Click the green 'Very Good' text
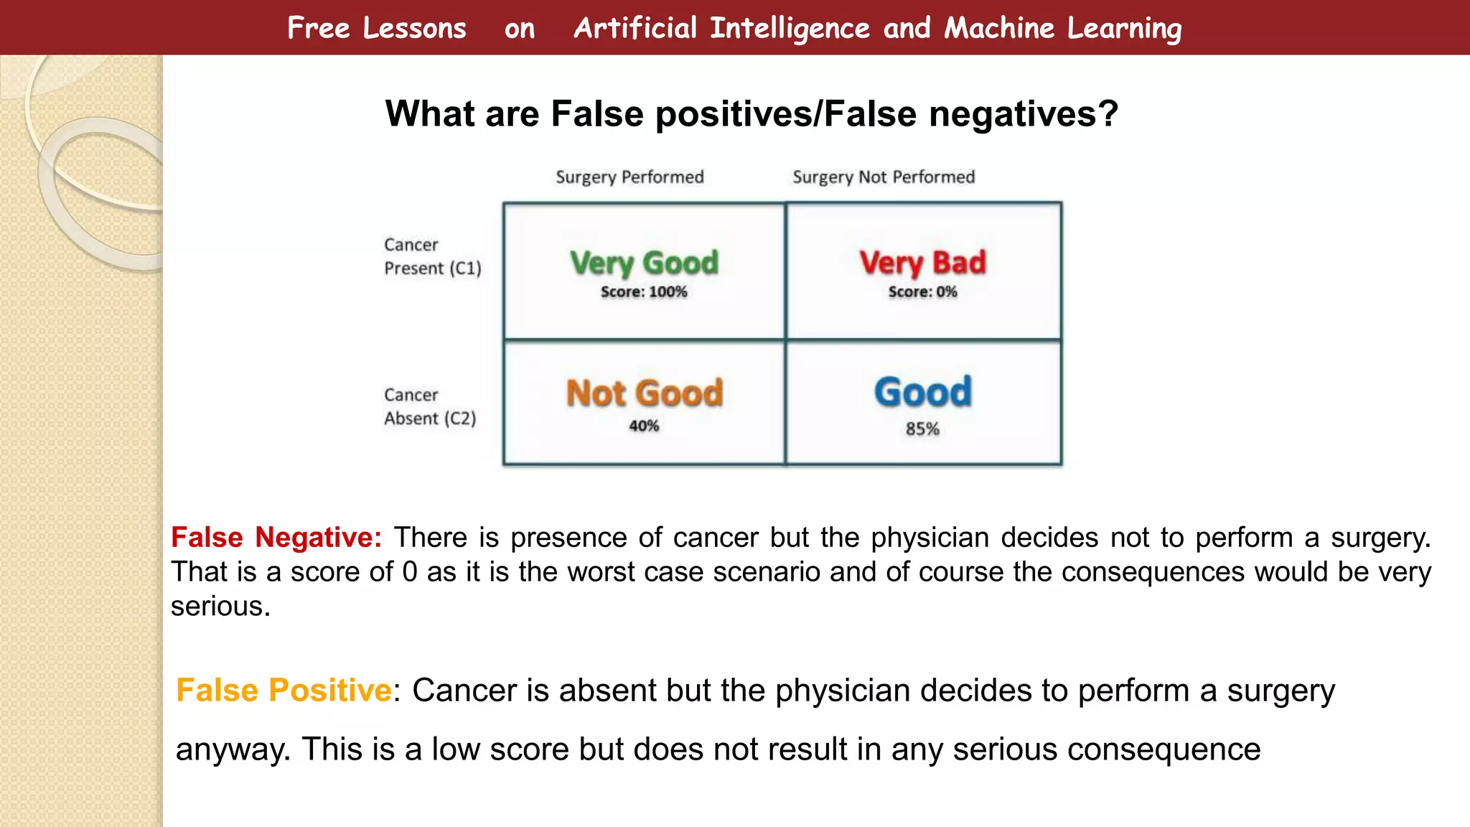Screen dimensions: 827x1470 click(644, 263)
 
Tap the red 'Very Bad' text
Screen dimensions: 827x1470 click(922, 263)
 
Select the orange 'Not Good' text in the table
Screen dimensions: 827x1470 click(644, 393)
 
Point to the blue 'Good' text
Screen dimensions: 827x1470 click(922, 392)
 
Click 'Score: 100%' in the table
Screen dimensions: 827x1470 click(644, 292)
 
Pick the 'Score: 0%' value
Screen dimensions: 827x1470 click(922, 292)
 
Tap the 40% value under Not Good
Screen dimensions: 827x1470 click(644, 426)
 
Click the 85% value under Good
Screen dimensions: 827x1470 click(922, 429)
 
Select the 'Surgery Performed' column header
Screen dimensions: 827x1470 click(629, 177)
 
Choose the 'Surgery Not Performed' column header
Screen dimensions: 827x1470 click(884, 177)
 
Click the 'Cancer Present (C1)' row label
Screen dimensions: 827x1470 click(432, 256)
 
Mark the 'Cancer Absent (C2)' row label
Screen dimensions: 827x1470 click(429, 406)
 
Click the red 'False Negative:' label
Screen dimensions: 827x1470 click(276, 538)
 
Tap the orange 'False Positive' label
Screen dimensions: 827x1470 click(284, 691)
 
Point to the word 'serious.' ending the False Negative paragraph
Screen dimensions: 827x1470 click(220, 607)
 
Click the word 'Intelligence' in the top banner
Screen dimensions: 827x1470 click(790, 29)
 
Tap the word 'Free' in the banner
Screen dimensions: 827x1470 click(318, 29)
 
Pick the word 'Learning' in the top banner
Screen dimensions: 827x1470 click(1124, 29)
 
